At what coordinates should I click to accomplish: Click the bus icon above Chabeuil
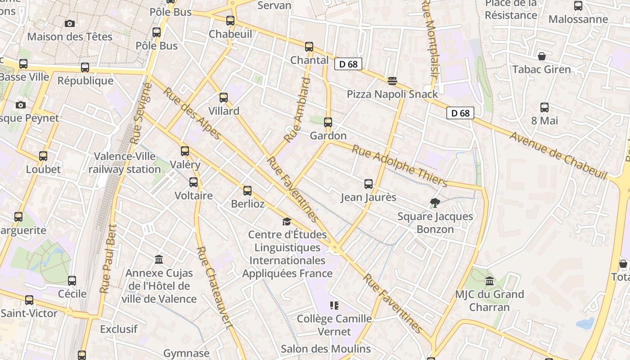point(230,20)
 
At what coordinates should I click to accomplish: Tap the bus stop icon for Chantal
point(309,47)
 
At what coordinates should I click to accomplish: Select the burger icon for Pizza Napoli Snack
point(392,81)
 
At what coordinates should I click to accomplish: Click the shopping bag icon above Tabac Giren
point(542,56)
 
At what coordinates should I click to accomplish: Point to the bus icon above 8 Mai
point(544,108)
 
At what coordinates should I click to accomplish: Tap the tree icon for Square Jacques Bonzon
point(435,203)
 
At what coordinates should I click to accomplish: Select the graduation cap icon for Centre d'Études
point(287,221)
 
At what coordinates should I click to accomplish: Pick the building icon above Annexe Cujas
point(159,260)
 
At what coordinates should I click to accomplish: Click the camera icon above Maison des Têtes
point(70,23)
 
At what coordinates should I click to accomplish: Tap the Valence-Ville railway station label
point(125,163)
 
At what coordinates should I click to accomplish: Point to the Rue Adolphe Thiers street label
point(399,166)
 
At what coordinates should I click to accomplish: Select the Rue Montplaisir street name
point(431,40)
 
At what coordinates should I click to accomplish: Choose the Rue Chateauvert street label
point(215,288)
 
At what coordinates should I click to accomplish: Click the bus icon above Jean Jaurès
point(369,184)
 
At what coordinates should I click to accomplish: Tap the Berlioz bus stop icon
point(247,191)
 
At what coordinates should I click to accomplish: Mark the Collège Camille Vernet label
point(334,325)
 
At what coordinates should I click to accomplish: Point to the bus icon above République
point(85,67)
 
